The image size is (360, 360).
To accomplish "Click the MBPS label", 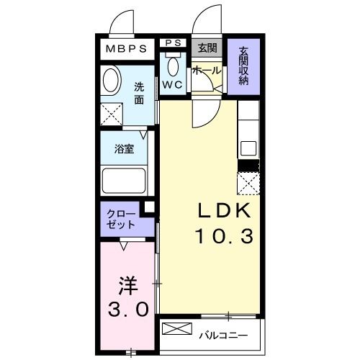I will [127, 49].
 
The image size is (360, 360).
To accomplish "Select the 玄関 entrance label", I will [207, 48].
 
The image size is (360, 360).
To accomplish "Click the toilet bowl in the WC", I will [173, 67].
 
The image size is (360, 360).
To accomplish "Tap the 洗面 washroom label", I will [140, 94].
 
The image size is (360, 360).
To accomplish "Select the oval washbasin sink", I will [112, 81].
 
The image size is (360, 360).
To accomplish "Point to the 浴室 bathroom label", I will [124, 150].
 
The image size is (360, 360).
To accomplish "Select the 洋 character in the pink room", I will [128, 284].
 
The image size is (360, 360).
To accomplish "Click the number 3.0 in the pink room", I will [128, 310].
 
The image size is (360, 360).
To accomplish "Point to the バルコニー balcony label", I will [224, 335].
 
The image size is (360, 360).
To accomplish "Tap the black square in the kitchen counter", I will [248, 166].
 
